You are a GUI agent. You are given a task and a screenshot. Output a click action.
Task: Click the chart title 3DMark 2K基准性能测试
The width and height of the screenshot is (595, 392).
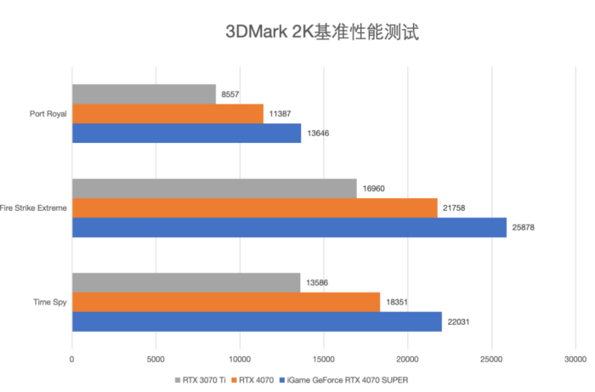321,32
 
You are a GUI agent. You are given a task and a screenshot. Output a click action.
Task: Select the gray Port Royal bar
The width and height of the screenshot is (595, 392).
144,94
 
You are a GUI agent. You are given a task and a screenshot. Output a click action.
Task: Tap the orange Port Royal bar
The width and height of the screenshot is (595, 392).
167,114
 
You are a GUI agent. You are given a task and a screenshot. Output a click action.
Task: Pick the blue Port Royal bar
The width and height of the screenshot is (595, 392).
186,134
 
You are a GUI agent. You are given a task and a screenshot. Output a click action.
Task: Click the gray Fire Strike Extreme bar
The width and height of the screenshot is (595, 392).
214,189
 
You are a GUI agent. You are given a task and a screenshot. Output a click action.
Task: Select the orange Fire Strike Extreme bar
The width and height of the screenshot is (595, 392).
254,208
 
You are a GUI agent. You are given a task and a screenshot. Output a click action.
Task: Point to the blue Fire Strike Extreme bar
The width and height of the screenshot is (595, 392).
289,228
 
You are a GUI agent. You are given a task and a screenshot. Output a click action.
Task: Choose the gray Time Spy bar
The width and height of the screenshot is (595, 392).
186,282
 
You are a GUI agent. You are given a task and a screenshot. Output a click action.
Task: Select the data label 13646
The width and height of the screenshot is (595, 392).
319,134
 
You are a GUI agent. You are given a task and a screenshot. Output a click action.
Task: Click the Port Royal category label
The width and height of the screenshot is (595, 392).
47,114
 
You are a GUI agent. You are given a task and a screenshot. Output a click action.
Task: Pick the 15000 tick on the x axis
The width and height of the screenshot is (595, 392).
324,359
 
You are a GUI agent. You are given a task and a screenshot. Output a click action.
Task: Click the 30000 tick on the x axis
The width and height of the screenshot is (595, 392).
575,359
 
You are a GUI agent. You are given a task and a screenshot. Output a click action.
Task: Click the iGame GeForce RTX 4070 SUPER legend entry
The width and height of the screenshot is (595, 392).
357,380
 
